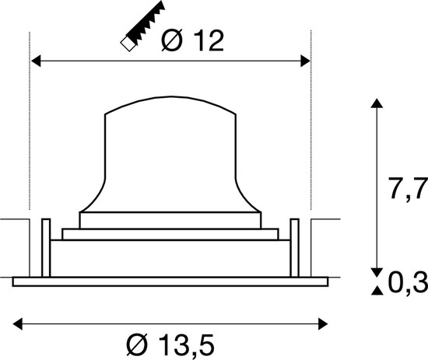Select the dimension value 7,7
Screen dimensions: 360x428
coord(406,188)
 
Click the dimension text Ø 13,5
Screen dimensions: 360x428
coord(170,342)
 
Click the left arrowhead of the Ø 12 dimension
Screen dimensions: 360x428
coord(36,60)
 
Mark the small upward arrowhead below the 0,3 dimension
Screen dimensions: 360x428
coord(377,291)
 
